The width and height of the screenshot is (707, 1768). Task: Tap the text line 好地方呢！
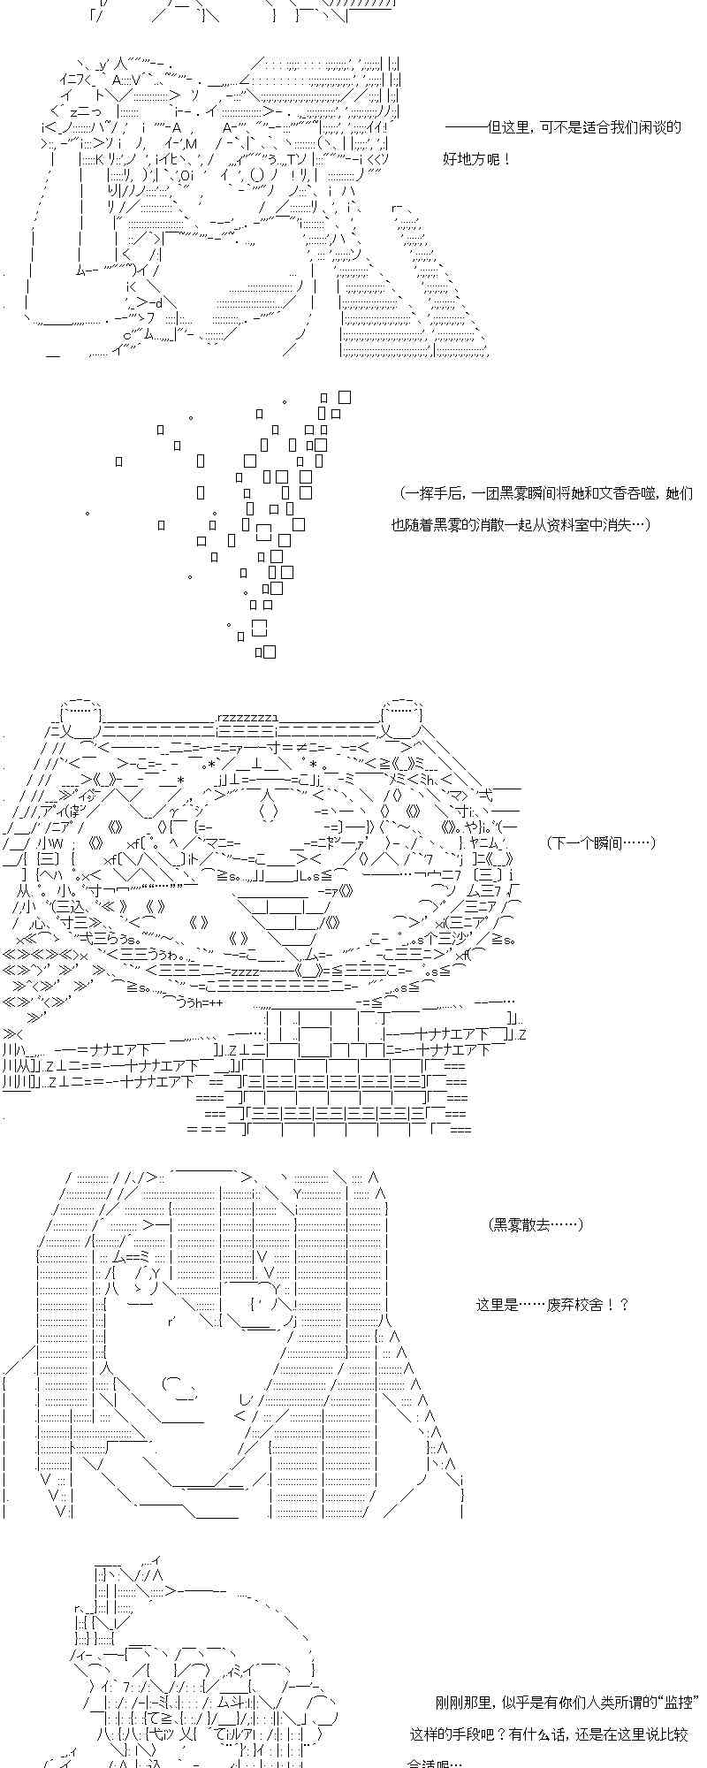point(477,159)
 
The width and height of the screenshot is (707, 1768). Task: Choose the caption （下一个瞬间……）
point(601,842)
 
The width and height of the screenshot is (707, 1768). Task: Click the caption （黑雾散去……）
point(536,1224)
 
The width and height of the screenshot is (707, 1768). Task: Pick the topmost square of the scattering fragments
point(345,398)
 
